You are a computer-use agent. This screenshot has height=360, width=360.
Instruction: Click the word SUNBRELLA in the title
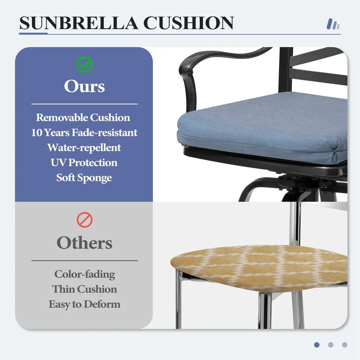[79, 23]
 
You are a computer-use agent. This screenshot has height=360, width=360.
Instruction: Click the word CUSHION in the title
[189, 23]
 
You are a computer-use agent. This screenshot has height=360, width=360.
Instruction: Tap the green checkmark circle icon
[84, 65]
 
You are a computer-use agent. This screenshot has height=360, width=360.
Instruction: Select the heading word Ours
[84, 86]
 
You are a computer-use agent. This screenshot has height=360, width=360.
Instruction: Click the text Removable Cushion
[83, 117]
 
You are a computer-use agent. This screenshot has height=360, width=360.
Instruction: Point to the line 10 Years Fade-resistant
[84, 133]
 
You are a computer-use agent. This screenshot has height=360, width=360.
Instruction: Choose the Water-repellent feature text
[84, 148]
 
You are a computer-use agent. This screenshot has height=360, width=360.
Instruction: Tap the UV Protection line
[84, 162]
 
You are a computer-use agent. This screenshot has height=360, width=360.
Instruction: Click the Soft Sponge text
[84, 178]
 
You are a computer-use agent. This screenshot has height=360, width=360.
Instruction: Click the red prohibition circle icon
[85, 220]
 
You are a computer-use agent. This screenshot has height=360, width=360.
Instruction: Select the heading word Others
[84, 243]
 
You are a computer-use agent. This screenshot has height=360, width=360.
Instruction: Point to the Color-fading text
[85, 274]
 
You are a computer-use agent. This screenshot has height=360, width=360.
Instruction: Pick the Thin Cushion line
[84, 289]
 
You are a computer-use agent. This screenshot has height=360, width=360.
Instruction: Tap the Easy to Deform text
[84, 304]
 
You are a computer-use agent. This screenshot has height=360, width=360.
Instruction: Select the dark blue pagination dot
[317, 345]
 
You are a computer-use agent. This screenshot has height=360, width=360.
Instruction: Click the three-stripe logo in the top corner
[333, 24]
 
